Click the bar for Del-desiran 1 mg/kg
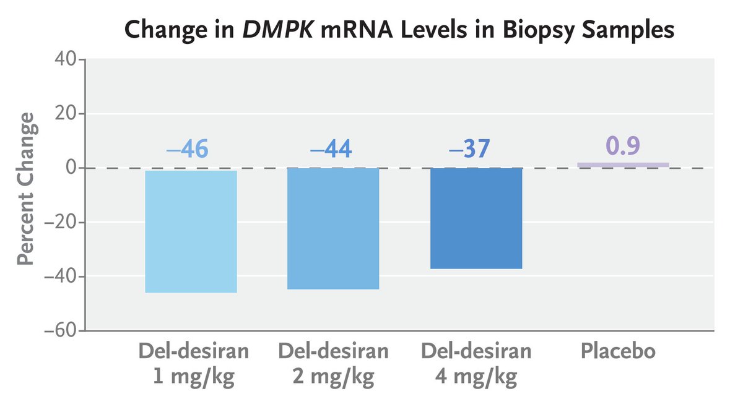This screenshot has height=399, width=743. pos(191,231)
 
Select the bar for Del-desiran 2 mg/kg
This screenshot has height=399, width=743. pos(333,229)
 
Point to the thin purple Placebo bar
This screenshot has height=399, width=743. pos(623,165)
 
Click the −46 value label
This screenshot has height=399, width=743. pos(187,149)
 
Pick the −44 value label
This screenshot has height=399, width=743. pos(331,149)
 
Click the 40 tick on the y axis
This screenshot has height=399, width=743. pos(64,60)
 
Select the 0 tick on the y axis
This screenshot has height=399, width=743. pos(71,168)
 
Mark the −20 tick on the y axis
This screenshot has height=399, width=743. pos(59,223)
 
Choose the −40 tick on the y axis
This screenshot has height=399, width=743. pos(59,277)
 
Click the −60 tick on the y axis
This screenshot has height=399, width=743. pos(59,331)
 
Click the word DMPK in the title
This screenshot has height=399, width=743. pos(276,30)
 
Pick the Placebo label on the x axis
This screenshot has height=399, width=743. pos(618,351)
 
